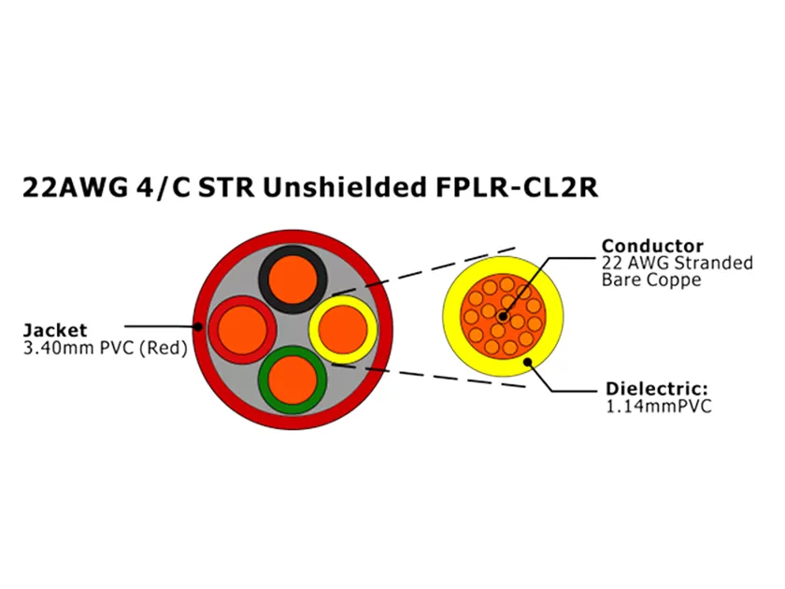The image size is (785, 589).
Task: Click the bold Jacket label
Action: click(x=54, y=330)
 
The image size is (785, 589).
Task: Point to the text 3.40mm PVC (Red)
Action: click(x=104, y=349)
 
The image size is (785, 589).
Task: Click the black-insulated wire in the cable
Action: click(x=293, y=276)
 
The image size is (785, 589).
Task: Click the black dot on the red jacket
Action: click(x=199, y=327)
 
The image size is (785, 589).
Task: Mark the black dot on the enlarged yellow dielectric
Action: click(x=528, y=362)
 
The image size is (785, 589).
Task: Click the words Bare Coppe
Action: click(x=650, y=280)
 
